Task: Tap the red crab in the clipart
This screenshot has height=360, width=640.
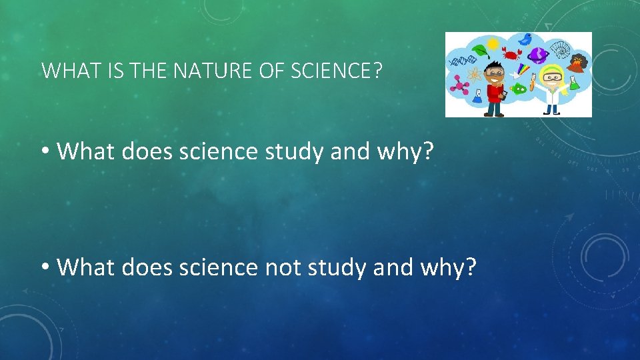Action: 513,53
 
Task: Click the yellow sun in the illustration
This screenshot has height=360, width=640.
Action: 493,43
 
